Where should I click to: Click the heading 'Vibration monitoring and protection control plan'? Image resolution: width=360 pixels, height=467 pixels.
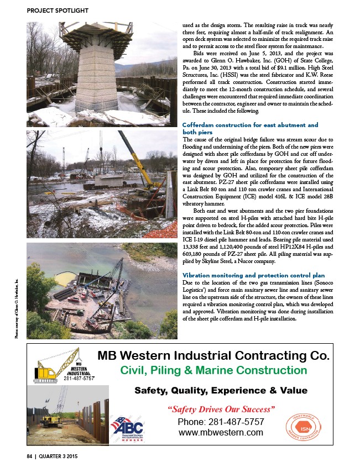click(253, 275)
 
